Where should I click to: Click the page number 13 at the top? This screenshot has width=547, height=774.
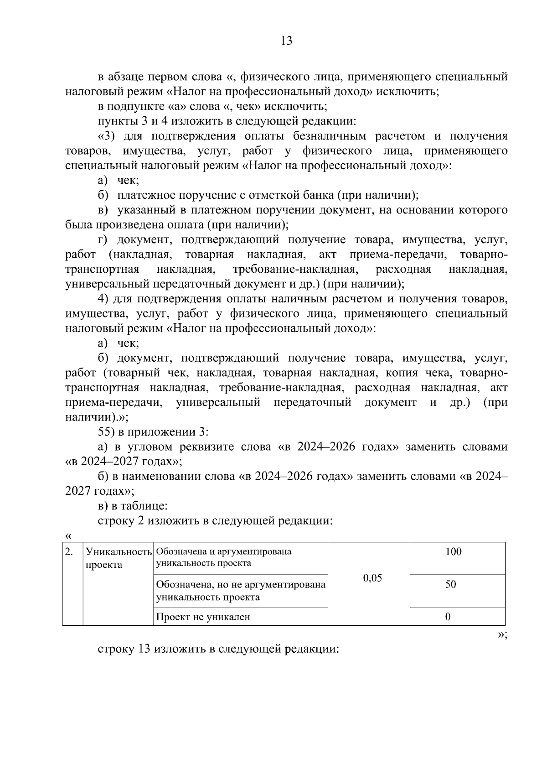(x=286, y=41)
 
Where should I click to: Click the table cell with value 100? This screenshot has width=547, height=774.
(x=453, y=552)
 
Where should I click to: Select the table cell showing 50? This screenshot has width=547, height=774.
(x=450, y=585)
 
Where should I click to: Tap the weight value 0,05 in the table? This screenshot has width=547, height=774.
(x=372, y=578)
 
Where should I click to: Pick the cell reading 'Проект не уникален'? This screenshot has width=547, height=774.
(x=203, y=618)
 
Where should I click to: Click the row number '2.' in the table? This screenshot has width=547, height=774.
(x=69, y=552)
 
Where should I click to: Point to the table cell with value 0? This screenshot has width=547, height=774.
(x=448, y=617)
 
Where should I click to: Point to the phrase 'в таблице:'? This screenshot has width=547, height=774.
(x=133, y=506)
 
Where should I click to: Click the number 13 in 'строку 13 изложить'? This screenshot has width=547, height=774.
(x=142, y=649)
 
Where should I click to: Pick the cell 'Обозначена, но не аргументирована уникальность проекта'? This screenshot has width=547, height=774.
(x=241, y=591)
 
